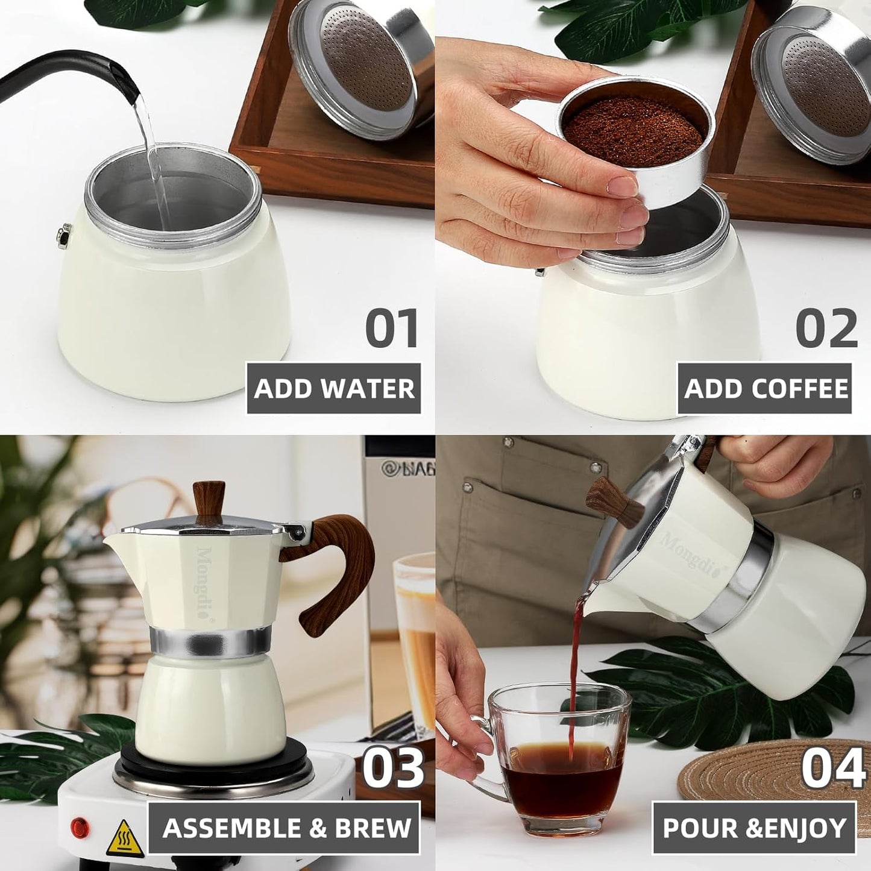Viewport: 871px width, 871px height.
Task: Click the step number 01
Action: point(392,328)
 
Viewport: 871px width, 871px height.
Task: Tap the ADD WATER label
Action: point(334,389)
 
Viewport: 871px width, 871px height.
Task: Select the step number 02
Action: point(826,328)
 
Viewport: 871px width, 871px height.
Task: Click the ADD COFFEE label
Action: point(766,389)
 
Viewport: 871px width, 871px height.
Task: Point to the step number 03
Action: point(393,767)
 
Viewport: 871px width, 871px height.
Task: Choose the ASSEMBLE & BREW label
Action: point(286,828)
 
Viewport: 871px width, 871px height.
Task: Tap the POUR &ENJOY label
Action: point(755,828)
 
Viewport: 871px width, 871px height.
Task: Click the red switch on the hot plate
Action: point(80,827)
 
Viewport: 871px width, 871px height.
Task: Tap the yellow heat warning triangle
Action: point(125,838)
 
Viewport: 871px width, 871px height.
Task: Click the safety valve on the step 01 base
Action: point(63,235)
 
